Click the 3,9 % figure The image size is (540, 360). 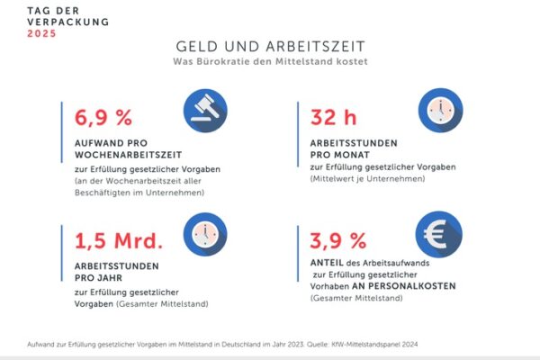[338, 242]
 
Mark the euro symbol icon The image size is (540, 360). [436, 235]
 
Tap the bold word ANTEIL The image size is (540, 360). [328, 264]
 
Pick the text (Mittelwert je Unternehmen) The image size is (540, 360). [363, 178]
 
